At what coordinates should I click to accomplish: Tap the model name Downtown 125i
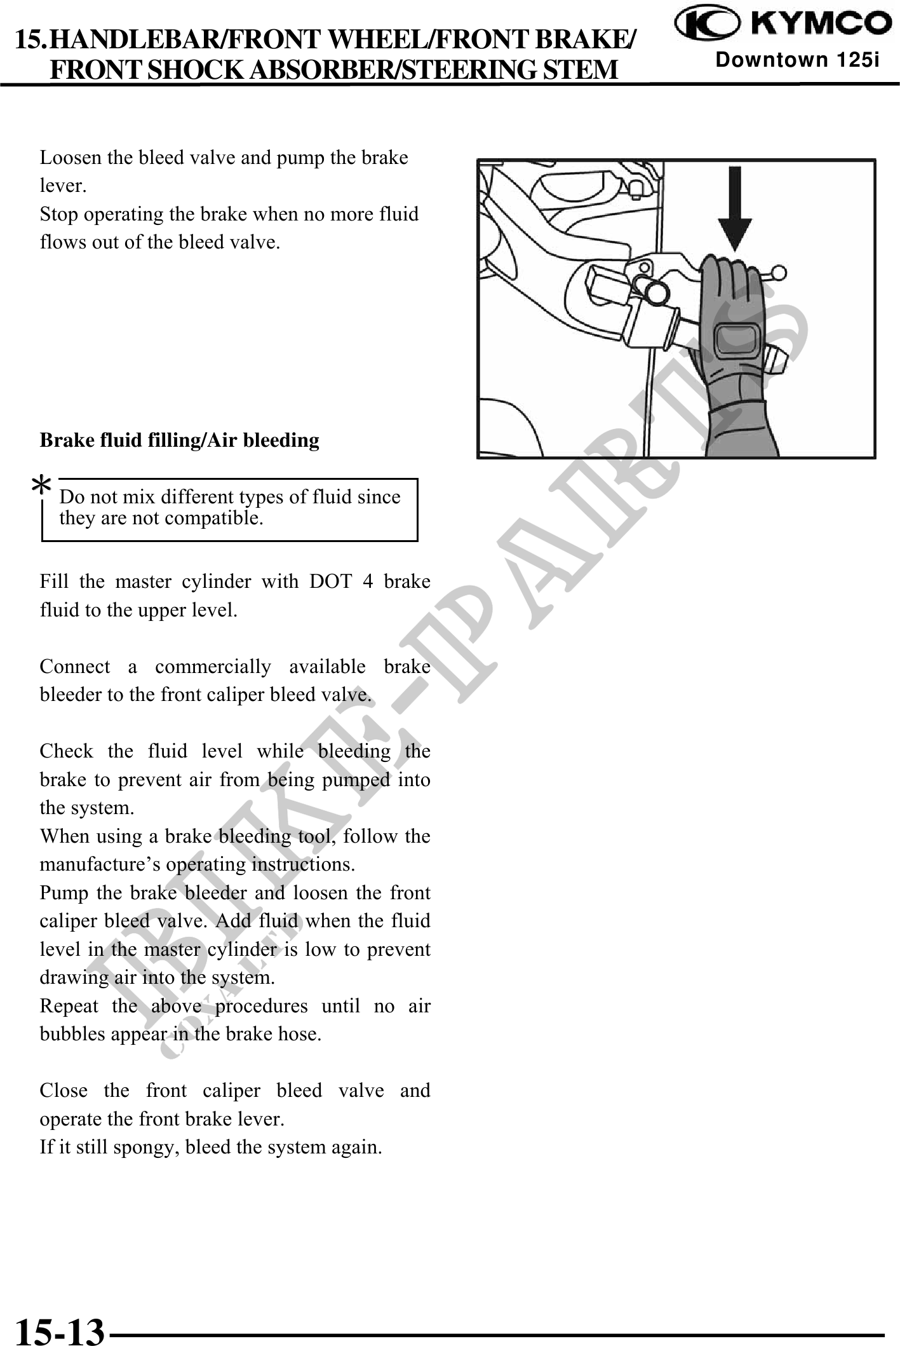tap(797, 61)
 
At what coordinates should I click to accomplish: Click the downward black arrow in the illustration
tap(735, 208)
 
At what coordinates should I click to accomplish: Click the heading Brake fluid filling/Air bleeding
tap(179, 440)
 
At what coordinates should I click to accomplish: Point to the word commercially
tap(213, 667)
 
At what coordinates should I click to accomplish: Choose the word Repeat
tap(69, 1006)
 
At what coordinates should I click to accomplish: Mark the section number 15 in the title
tap(29, 40)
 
